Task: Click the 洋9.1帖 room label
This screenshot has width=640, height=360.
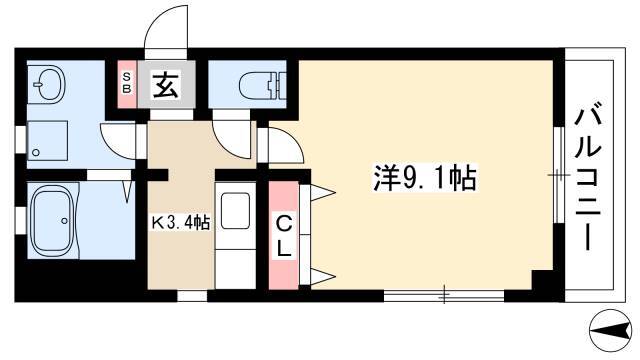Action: (425, 178)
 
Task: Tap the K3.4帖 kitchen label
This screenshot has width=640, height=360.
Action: (181, 223)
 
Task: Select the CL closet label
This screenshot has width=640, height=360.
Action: (284, 236)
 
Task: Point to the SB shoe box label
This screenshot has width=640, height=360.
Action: (127, 83)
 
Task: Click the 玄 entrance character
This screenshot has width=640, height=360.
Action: (166, 84)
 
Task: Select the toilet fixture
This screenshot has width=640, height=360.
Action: (262, 86)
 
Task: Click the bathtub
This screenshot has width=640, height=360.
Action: (53, 221)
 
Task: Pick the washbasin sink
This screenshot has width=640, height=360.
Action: (49, 84)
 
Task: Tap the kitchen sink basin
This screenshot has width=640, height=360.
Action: (235, 210)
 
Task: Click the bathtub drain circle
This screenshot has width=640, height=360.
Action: (64, 221)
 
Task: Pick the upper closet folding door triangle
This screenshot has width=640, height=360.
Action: (322, 192)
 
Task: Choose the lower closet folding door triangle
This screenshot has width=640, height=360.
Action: (322, 276)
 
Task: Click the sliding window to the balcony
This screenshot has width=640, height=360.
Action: (559, 175)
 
